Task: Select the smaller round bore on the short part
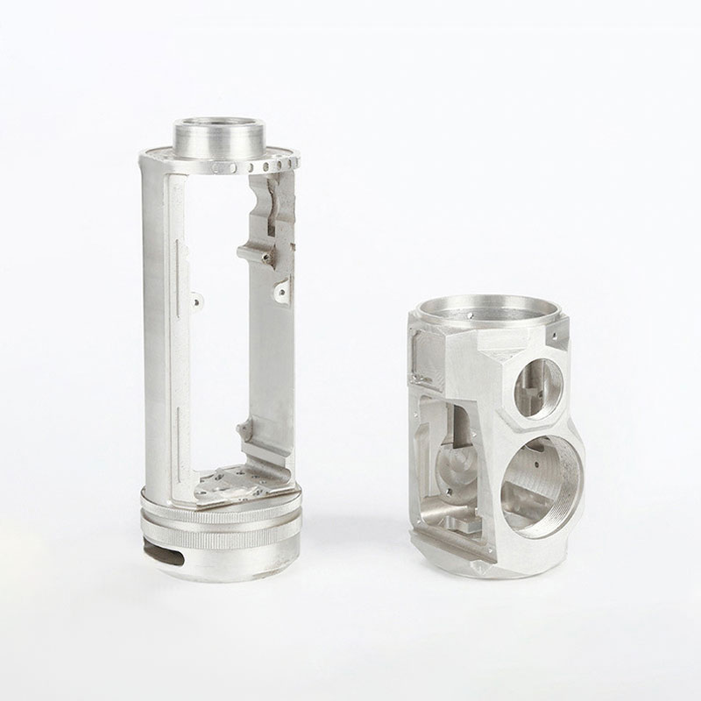(x=536, y=386)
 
